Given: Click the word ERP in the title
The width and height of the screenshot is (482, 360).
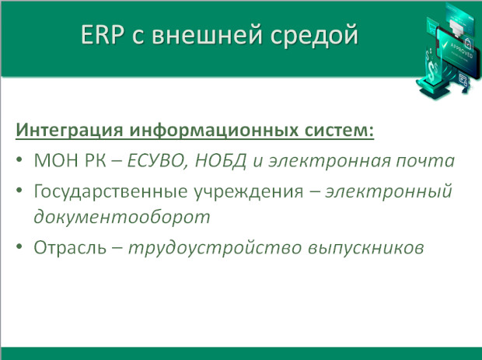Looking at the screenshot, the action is (103, 34).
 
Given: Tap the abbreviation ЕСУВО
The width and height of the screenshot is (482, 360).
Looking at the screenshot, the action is (157, 161).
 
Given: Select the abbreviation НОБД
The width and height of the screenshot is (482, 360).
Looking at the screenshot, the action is (221, 161).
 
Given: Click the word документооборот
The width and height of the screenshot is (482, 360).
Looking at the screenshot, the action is (122, 217).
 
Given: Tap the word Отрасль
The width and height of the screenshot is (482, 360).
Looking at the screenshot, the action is (70, 247).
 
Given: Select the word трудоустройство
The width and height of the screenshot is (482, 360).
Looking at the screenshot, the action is (215, 248).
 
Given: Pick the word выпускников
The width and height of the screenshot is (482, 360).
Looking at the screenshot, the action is (366, 248).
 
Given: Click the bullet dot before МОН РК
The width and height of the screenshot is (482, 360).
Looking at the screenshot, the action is (19, 160).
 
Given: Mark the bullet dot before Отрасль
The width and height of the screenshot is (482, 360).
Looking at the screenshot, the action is (19, 246).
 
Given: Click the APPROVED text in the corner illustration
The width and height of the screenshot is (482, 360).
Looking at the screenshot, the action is (462, 50).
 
